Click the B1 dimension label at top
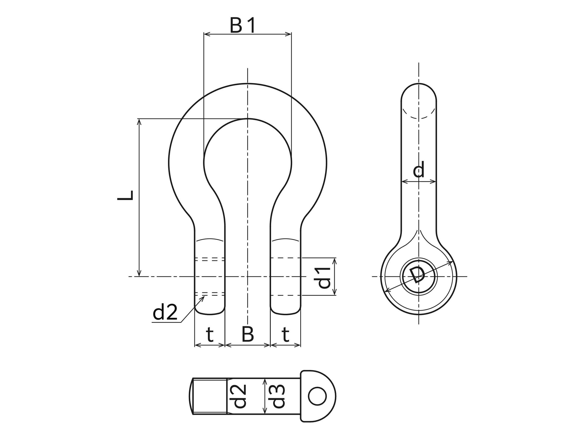[242, 25]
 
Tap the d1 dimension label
[324, 278]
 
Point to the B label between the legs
[248, 334]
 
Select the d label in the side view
[419, 169]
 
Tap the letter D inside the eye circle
[417, 275]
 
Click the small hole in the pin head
[317, 396]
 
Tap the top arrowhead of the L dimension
[139, 122]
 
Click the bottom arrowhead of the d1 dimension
[335, 292]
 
